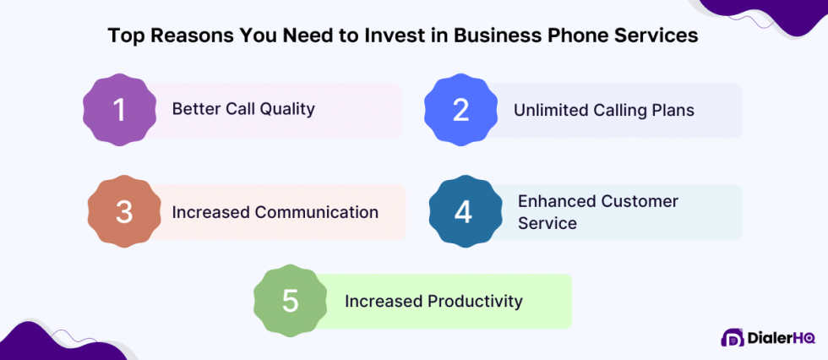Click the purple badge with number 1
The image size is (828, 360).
point(120,110)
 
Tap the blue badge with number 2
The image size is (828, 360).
point(460,110)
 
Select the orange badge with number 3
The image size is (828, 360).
point(124,211)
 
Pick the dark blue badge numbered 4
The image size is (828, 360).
point(463,211)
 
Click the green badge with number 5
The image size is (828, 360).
point(291,301)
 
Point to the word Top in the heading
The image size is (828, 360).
point(123,35)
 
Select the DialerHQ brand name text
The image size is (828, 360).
point(781,339)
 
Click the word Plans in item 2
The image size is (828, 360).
point(672,110)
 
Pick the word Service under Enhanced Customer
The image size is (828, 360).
point(547,223)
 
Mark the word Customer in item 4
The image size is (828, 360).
point(640,201)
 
